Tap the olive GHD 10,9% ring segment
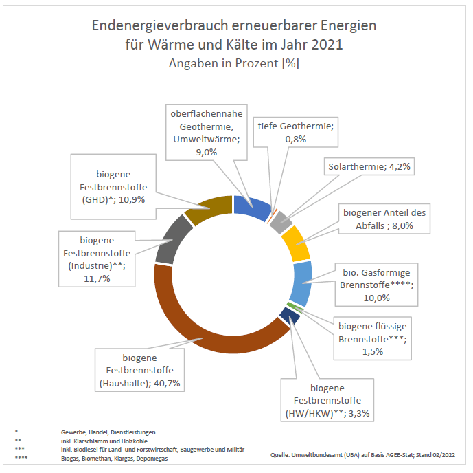pyautogui.click(x=210, y=207)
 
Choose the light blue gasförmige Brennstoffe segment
pyautogui.click(x=303, y=283)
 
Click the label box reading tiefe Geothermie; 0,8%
pyautogui.click(x=295, y=133)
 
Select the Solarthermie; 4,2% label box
pyautogui.click(x=369, y=167)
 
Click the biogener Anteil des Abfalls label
pyautogui.click(x=384, y=219)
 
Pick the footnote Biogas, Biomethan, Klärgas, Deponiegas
pyautogui.click(x=113, y=459)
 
